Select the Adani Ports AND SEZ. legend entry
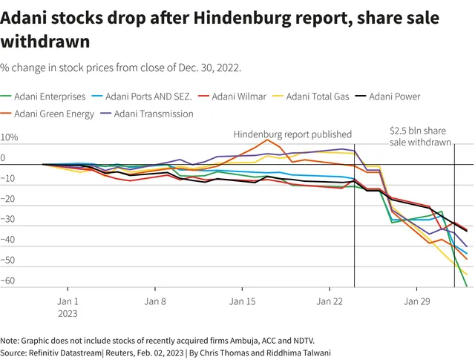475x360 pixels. click(x=142, y=96)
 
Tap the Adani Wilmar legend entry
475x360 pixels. click(x=232, y=96)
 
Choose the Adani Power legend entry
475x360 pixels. click(x=387, y=96)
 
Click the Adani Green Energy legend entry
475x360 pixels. click(x=47, y=114)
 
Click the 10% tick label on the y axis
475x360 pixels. click(x=9, y=137)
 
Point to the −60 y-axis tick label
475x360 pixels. click(x=7, y=281)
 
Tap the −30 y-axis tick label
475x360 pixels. click(x=7, y=219)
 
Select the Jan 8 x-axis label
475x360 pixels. click(x=155, y=301)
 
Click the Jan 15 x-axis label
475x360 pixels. click(x=242, y=301)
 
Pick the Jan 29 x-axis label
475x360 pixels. click(x=417, y=301)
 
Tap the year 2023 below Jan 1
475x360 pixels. click(x=68, y=314)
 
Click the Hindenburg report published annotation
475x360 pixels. click(x=292, y=134)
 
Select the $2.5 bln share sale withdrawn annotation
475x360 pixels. click(x=420, y=137)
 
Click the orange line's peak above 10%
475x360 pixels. click(x=267, y=140)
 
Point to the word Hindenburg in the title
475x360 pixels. click(x=242, y=19)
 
